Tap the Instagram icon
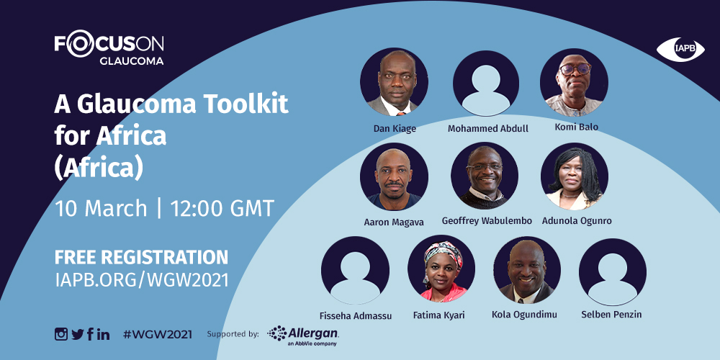click(61, 334)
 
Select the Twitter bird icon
click(78, 334)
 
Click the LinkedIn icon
click(104, 334)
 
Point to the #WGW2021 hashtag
click(158, 334)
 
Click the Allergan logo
click(303, 336)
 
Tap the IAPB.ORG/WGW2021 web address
click(141, 280)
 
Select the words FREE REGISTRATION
click(141, 257)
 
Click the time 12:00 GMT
click(222, 209)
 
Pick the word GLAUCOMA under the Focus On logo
click(131, 61)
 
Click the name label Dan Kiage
click(395, 129)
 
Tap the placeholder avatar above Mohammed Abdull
click(486, 83)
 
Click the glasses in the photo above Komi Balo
click(575, 69)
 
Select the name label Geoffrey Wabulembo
click(487, 221)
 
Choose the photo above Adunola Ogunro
click(575, 176)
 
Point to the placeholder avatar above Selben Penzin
click(613, 272)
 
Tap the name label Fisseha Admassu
click(356, 316)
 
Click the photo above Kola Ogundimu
click(527, 270)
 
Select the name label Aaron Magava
click(394, 222)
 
